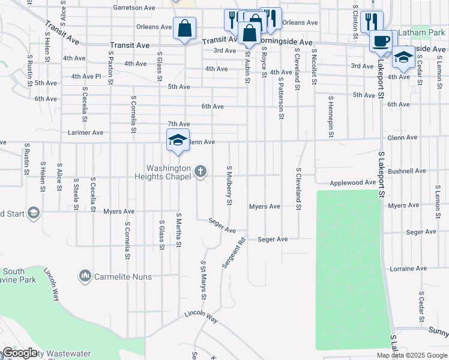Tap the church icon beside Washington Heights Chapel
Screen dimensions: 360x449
[x=201, y=172]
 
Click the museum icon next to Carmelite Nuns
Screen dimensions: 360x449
[x=85, y=276]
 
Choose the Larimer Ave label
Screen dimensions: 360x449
[x=86, y=132]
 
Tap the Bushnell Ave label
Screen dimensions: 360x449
[x=407, y=171]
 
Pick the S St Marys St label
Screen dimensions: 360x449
[x=203, y=280]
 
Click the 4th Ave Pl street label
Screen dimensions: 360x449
[x=86, y=76]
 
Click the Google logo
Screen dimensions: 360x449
[x=20, y=353]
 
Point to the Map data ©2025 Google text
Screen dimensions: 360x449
[x=411, y=355]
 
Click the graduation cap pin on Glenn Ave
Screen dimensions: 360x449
[x=178, y=140]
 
